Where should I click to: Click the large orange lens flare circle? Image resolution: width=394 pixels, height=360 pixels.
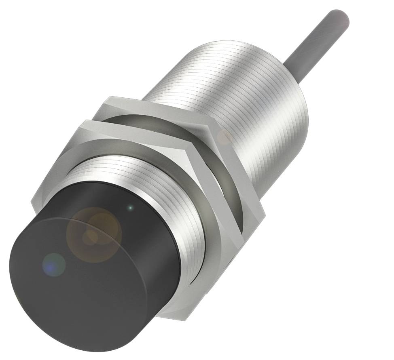(x=95, y=234)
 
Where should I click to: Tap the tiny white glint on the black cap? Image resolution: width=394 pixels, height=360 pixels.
(x=130, y=208)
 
